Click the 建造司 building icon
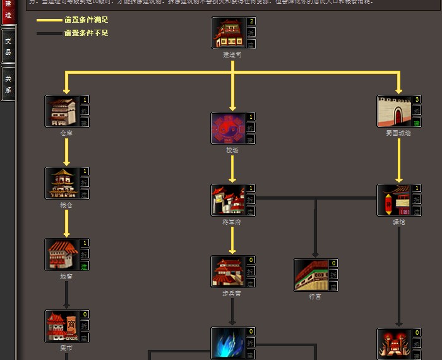[x=228, y=33]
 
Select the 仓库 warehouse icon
[x=61, y=111]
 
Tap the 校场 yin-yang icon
[x=227, y=128]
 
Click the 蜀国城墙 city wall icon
[x=393, y=111]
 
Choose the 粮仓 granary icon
[x=61, y=183]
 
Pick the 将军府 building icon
[x=227, y=200]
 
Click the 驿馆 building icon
[x=393, y=200]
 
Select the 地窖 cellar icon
[x=61, y=255]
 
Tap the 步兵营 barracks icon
[x=227, y=272]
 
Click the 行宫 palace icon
[x=310, y=275]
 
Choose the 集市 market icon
[x=61, y=326]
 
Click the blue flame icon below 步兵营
[x=227, y=343]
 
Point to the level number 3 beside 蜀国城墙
[x=417, y=100]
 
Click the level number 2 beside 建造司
[x=251, y=21]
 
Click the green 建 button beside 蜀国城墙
[x=417, y=123]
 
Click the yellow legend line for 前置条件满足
[x=49, y=20]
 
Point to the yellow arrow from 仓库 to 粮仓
[x=66, y=152]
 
